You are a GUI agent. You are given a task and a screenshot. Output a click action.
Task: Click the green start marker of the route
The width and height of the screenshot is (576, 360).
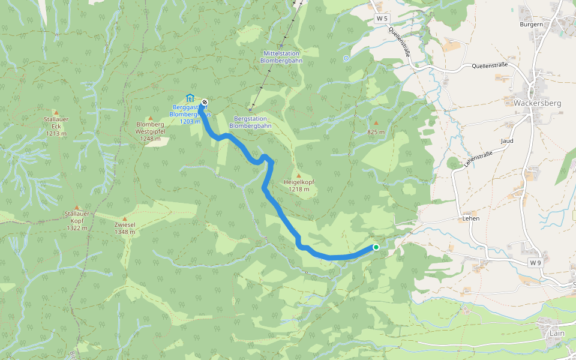tap(376, 247)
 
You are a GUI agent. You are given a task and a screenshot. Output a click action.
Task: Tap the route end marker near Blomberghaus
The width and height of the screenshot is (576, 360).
tap(205, 102)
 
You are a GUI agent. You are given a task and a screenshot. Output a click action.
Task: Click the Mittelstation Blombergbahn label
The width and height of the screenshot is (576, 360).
tap(282, 57)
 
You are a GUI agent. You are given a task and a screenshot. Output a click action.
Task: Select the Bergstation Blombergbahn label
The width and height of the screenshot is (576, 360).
tap(250, 122)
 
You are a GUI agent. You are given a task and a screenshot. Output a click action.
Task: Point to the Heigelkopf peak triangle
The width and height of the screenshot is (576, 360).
tap(299, 175)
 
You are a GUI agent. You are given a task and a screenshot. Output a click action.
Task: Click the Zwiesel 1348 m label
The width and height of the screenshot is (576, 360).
tap(125, 228)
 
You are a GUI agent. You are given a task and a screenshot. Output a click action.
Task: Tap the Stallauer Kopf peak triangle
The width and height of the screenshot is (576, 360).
tap(77, 208)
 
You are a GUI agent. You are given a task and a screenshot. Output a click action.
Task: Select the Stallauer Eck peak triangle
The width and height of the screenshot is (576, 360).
tap(56, 112)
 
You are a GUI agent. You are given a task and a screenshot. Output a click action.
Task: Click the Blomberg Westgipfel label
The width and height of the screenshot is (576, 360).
tap(150, 132)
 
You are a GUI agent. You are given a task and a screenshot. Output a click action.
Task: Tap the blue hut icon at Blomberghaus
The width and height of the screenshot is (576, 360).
tap(190, 98)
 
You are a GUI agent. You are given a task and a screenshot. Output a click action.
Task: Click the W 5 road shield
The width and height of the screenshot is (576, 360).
tap(382, 19)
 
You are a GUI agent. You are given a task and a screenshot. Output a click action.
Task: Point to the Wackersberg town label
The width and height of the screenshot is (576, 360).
tap(537, 103)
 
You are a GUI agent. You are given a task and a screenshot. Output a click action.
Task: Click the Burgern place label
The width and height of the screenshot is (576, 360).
tap(531, 25)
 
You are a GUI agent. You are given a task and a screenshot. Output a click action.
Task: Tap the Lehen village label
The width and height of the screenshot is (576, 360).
tap(470, 219)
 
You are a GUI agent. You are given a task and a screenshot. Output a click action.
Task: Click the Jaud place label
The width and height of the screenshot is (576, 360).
tap(507, 140)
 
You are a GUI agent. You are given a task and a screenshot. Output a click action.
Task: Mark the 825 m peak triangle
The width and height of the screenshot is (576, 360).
tap(376, 122)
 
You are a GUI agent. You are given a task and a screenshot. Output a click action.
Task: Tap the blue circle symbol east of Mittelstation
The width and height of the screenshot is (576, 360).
tap(346, 58)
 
